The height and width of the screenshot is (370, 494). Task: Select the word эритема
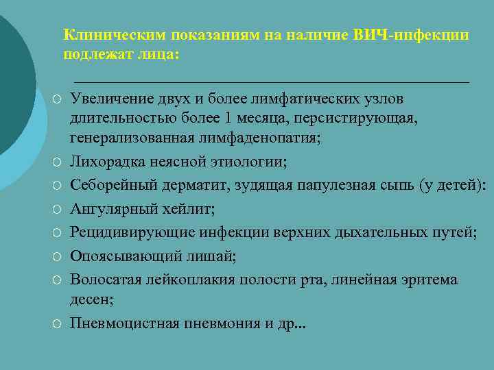pyautogui.click(x=430, y=280)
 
